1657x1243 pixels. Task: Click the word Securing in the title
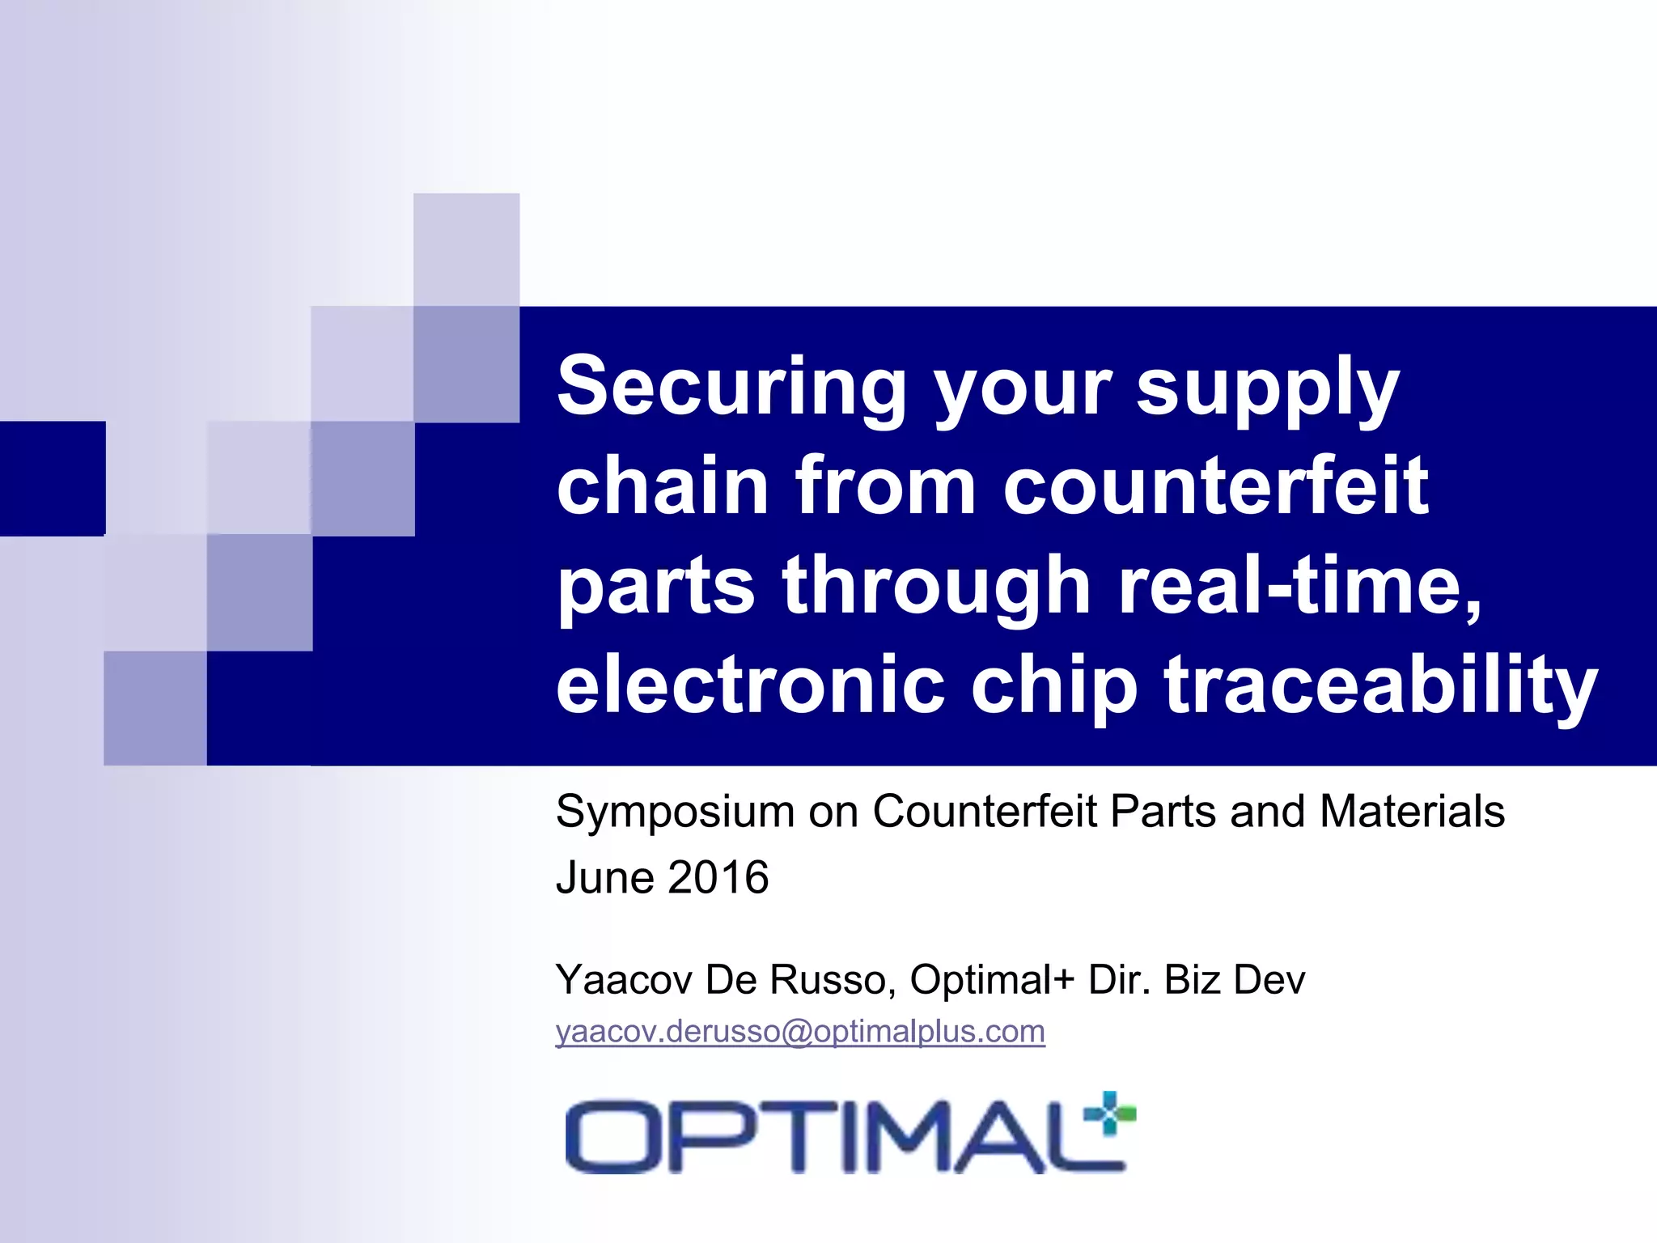731,386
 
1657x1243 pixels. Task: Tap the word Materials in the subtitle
1412,812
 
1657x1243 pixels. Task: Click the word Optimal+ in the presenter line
992,980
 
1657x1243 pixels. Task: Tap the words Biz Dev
1234,980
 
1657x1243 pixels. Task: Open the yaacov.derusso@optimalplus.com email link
800,1032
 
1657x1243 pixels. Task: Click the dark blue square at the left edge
52,478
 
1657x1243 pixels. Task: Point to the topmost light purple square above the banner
466,249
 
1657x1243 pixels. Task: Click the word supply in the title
1267,386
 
